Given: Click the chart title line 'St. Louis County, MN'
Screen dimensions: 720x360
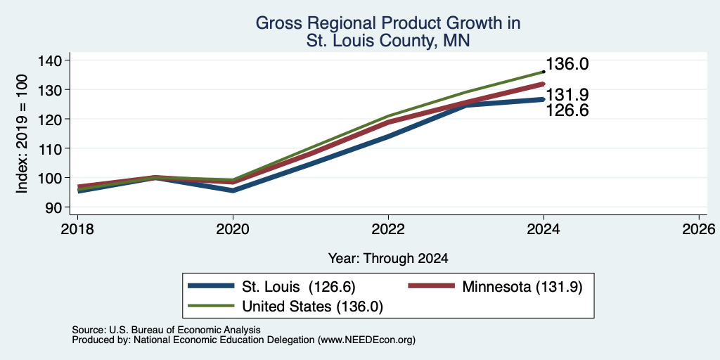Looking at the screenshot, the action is (x=388, y=41).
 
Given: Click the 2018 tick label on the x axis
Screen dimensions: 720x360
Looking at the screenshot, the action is (x=77, y=229).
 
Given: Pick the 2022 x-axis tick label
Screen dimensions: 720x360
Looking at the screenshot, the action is (x=388, y=229).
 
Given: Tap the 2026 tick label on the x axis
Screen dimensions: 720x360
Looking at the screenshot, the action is (x=699, y=229).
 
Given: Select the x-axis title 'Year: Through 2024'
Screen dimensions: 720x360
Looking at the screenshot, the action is (x=388, y=259).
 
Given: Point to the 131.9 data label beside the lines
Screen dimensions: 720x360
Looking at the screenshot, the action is (x=567, y=95).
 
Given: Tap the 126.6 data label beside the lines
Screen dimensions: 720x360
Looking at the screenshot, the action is (x=567, y=110).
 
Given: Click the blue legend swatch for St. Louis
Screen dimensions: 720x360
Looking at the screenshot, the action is (x=211, y=287).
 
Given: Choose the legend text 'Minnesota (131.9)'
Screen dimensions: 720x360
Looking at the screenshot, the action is (x=522, y=287).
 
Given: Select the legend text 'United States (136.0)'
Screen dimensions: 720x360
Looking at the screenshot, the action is (x=313, y=306).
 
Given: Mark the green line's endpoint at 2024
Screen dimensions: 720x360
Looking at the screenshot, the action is (x=544, y=72).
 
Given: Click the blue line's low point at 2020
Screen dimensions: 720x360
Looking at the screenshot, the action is (x=233, y=191).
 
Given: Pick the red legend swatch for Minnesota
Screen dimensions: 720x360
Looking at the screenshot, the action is (x=432, y=287).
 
